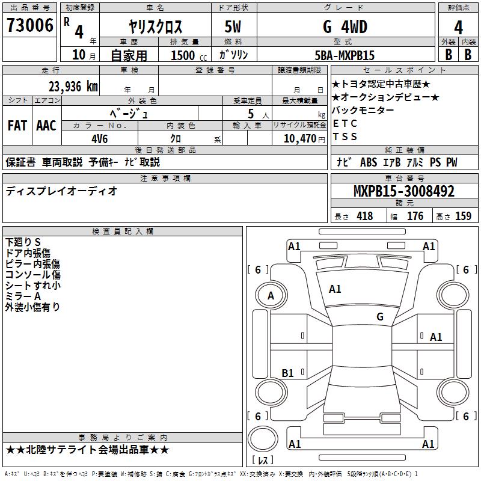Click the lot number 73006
pyautogui.click(x=30, y=25)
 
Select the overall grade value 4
pyautogui.click(x=458, y=27)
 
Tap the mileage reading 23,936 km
pyautogui.click(x=73, y=87)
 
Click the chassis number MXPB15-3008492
pyautogui.click(x=404, y=191)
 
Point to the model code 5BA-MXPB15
pyautogui.click(x=345, y=55)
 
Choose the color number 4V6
pyautogui.click(x=100, y=139)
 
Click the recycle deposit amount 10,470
pyautogui.click(x=300, y=139)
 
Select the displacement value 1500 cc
pyautogui.click(x=189, y=55)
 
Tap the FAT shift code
pyautogui.click(x=17, y=126)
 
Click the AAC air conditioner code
pyautogui.click(x=46, y=126)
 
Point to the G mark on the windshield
pyautogui.click(x=380, y=317)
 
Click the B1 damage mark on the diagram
pyautogui.click(x=287, y=373)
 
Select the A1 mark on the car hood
pyautogui.click(x=335, y=289)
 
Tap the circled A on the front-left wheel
pyautogui.click(x=271, y=296)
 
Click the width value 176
pyautogui.click(x=415, y=216)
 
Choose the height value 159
pyautogui.click(x=463, y=216)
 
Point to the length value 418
pyautogui.click(x=365, y=216)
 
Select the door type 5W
pyautogui.click(x=233, y=26)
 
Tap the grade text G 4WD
pyautogui.click(x=345, y=26)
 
